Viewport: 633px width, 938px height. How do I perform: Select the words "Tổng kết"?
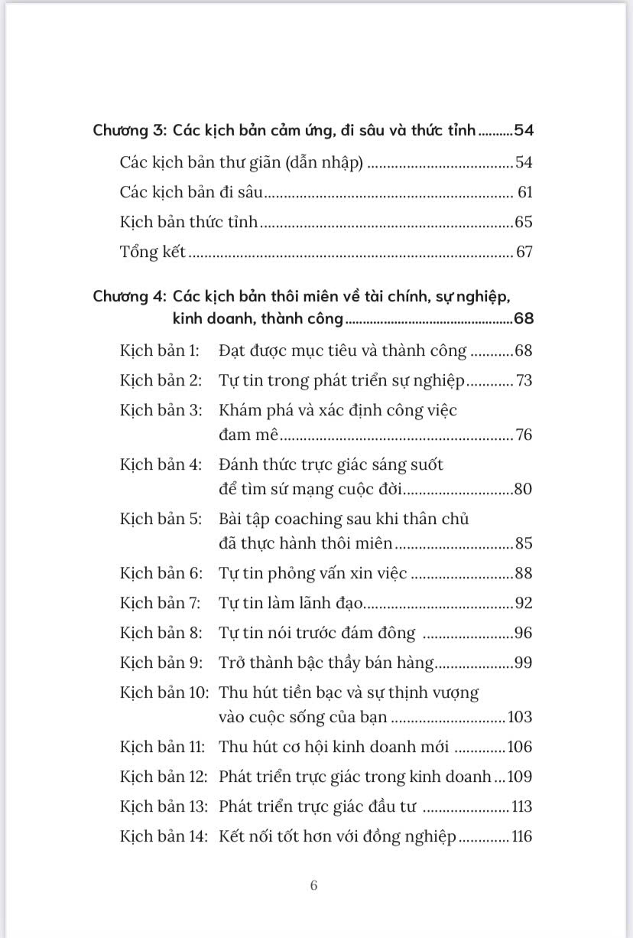[153, 252]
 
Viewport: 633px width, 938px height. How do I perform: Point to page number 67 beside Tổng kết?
[524, 252]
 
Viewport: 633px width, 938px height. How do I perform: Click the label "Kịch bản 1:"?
[159, 350]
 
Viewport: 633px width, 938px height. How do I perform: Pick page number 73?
[524, 380]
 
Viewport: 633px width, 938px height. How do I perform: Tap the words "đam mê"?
[248, 435]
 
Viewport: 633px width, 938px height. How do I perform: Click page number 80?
[523, 489]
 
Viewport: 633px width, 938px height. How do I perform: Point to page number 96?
[523, 633]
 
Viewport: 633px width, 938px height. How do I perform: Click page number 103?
[519, 717]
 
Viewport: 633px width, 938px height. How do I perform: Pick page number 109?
[519, 777]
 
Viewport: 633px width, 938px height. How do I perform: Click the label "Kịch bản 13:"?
[162, 806]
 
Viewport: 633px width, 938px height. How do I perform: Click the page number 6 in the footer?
[314, 886]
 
